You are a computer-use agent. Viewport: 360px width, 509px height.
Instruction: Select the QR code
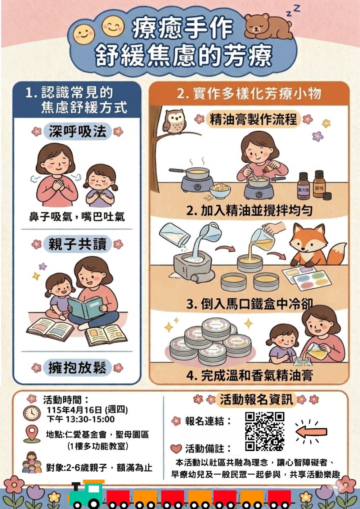click(x=265, y=431)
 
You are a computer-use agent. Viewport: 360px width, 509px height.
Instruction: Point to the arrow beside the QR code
click(x=312, y=431)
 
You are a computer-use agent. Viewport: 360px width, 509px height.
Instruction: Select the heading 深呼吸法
click(x=77, y=131)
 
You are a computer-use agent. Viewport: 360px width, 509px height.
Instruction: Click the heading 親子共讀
click(x=77, y=244)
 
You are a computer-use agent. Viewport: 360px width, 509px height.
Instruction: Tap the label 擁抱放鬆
click(x=77, y=368)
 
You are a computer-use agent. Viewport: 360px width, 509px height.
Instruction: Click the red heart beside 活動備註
click(x=176, y=449)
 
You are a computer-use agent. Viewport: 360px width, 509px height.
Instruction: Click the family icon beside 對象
click(x=32, y=463)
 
